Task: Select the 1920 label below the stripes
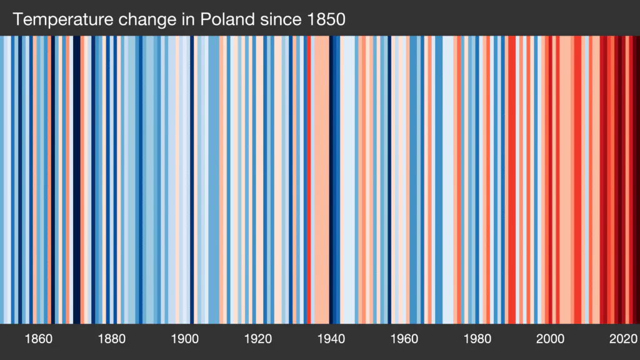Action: pos(258,339)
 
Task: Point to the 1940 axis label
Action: pos(331,339)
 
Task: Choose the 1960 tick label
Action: pos(404,339)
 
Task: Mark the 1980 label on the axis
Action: pos(477,339)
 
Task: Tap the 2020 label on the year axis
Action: pos(624,339)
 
